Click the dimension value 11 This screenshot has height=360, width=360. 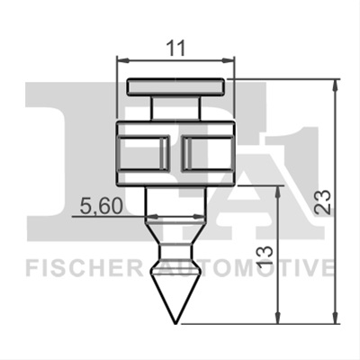click(x=175, y=48)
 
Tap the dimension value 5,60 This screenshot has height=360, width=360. click(x=102, y=207)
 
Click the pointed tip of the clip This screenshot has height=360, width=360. click(x=175, y=324)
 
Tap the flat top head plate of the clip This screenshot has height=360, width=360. click(x=175, y=87)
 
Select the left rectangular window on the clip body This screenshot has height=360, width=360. click(x=144, y=154)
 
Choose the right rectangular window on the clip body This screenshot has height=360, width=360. click(x=208, y=154)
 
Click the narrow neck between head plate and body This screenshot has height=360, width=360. click(x=175, y=108)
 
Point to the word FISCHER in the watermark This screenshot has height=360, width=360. click(x=85, y=269)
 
